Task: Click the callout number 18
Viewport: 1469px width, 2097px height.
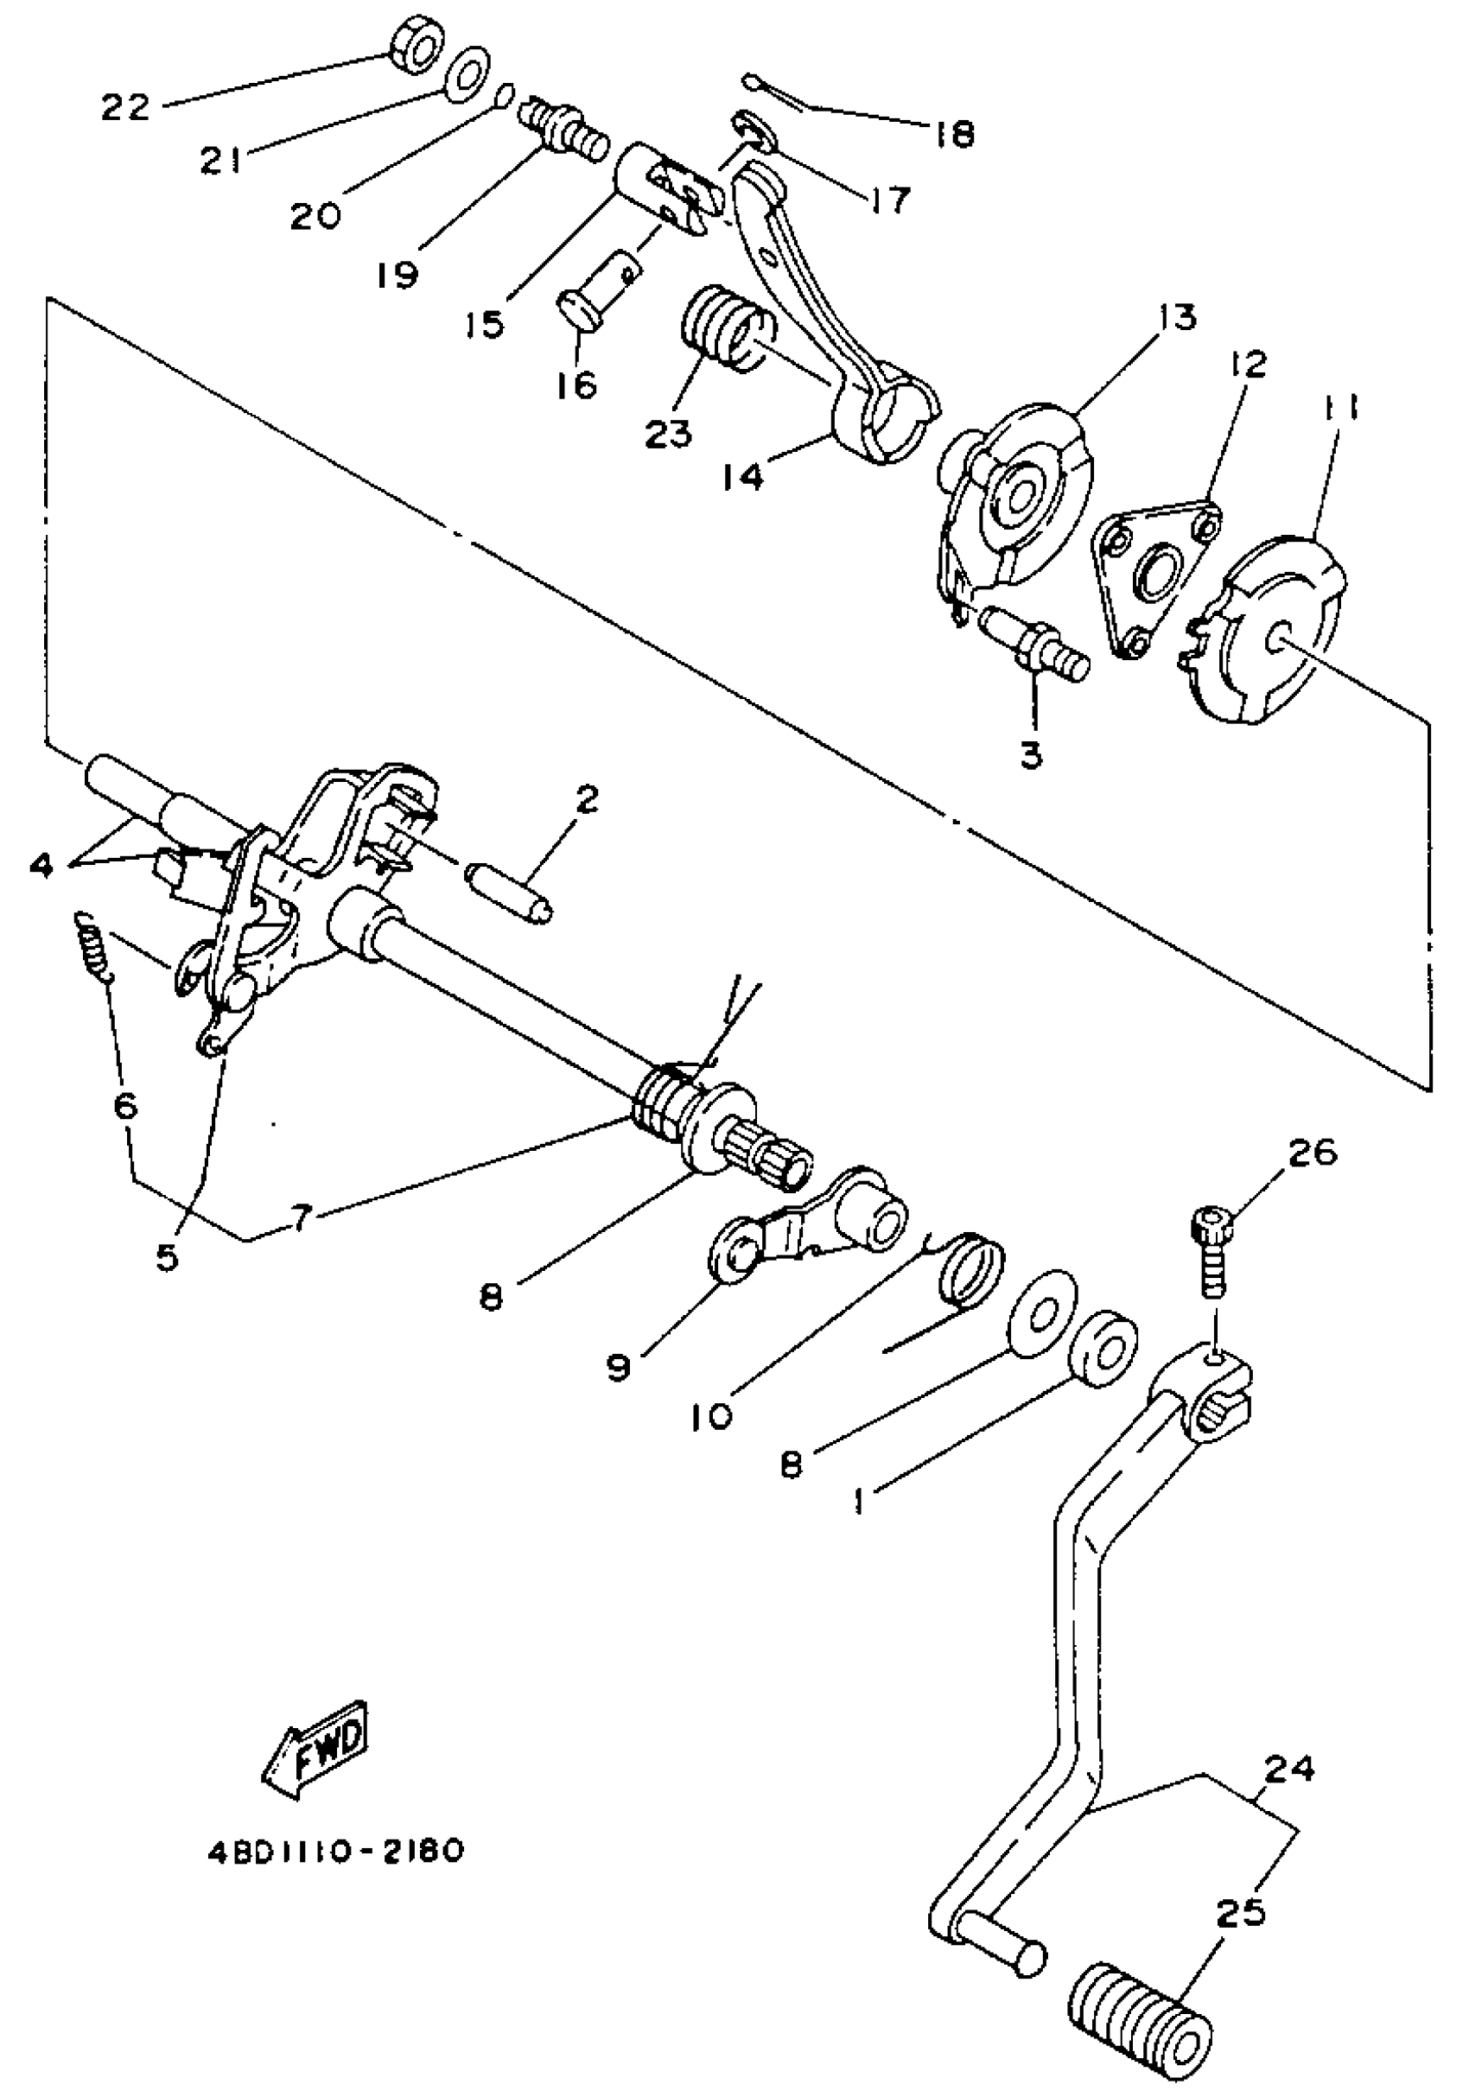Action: point(954,134)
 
